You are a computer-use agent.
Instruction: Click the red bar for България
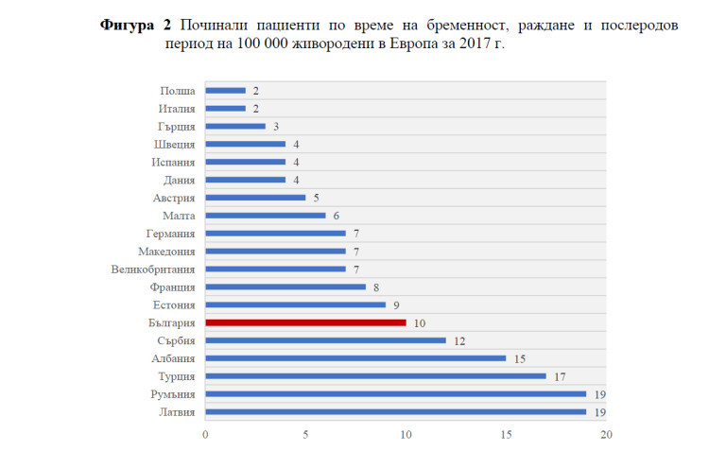[x=305, y=322]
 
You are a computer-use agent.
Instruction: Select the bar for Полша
[x=225, y=91]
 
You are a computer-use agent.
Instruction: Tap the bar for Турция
[x=375, y=375]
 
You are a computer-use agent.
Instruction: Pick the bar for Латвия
[x=395, y=411]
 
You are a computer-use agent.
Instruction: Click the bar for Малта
[x=266, y=216]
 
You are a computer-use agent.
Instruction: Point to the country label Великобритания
[x=153, y=269]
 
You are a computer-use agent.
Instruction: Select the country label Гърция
[x=177, y=127]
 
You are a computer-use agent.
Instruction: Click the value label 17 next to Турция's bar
[x=559, y=375]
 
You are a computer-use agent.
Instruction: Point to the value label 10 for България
[x=418, y=322]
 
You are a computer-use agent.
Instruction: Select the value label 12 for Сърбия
[x=458, y=340]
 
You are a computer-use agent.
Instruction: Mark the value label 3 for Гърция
[x=275, y=127]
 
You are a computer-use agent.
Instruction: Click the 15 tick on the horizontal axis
[x=507, y=434]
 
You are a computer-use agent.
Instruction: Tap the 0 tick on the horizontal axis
[x=205, y=434]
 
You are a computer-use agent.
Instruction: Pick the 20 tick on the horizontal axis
[x=607, y=434]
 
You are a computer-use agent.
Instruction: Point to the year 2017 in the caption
[x=468, y=44]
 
